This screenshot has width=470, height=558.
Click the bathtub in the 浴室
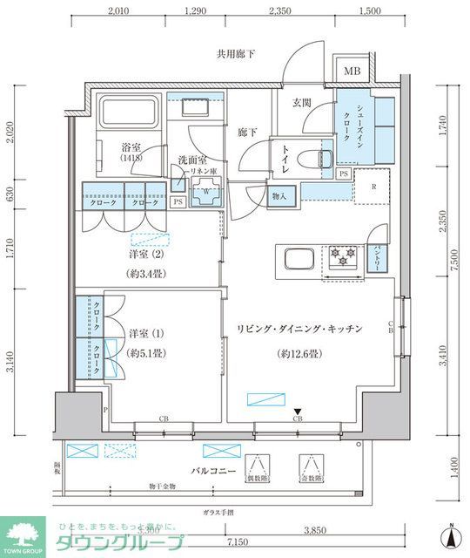pyautogui.click(x=129, y=113)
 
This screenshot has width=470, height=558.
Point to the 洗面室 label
pyautogui.click(x=191, y=160)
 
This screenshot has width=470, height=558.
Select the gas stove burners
pyautogui.click(x=340, y=255)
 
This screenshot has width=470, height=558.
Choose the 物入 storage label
pyautogui.click(x=280, y=196)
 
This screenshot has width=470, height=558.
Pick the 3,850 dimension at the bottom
pyautogui.click(x=338, y=529)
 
